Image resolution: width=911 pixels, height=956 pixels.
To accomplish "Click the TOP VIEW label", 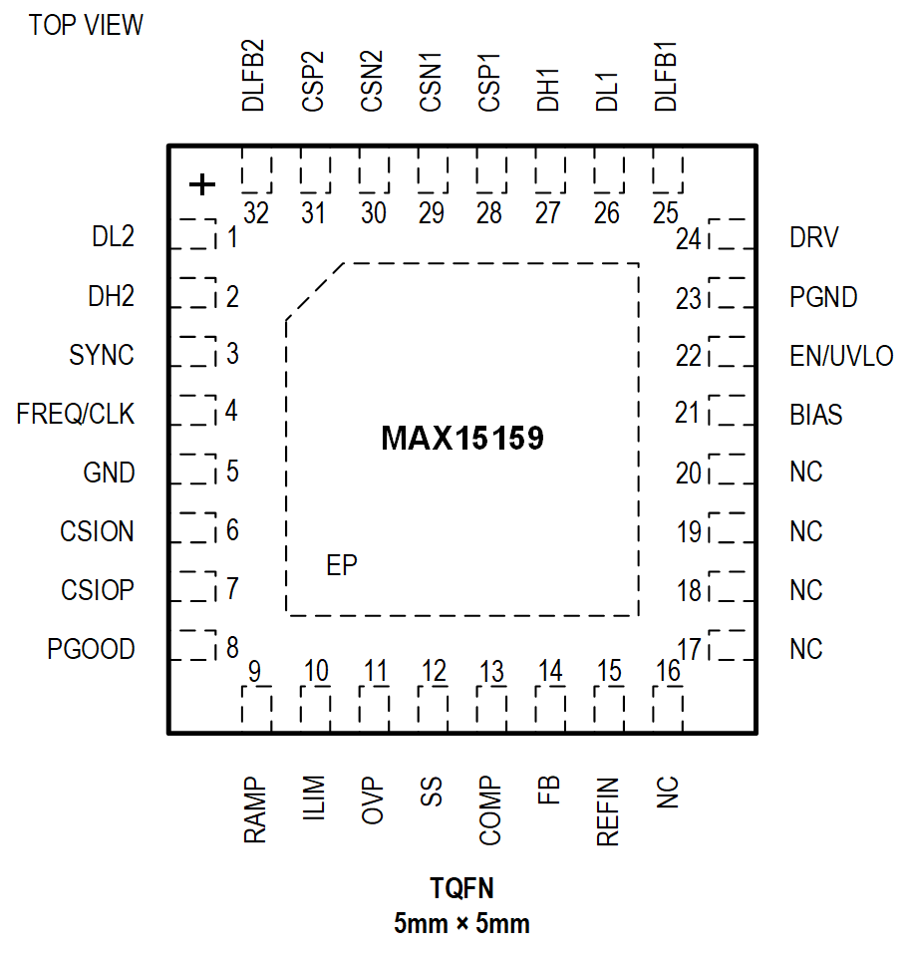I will pyautogui.click(x=86, y=25).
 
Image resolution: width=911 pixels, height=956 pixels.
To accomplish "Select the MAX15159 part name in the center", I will pyautogui.click(x=462, y=439).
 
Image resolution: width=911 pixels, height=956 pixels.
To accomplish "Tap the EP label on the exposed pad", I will pyautogui.click(x=342, y=565).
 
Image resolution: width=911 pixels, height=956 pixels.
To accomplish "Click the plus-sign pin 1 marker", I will pyautogui.click(x=202, y=184).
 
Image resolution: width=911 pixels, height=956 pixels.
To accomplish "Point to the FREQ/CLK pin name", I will pyautogui.click(x=76, y=414).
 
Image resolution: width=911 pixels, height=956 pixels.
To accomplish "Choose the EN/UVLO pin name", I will pyautogui.click(x=841, y=356).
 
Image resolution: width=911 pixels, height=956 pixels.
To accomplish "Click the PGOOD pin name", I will pyautogui.click(x=91, y=649).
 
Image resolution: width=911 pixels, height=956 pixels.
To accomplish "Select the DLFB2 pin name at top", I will pyautogui.click(x=254, y=75).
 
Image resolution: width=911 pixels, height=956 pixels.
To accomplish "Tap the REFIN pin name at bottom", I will pyautogui.click(x=608, y=811).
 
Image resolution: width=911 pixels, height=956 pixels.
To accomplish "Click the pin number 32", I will pyautogui.click(x=256, y=214).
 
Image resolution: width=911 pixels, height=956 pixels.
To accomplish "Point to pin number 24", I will pyautogui.click(x=689, y=239).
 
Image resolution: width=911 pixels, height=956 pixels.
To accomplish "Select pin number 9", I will pyautogui.click(x=255, y=672).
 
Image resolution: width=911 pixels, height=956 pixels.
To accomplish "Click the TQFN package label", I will pyautogui.click(x=461, y=888).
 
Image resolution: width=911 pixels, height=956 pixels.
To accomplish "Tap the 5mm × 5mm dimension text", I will pyautogui.click(x=461, y=923).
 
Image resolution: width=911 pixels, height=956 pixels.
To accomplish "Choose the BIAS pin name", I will pyautogui.click(x=816, y=414).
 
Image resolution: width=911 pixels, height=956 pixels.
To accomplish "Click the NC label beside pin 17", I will pyautogui.click(x=806, y=649).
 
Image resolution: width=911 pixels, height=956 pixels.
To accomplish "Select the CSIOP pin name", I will pyautogui.click(x=98, y=590).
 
